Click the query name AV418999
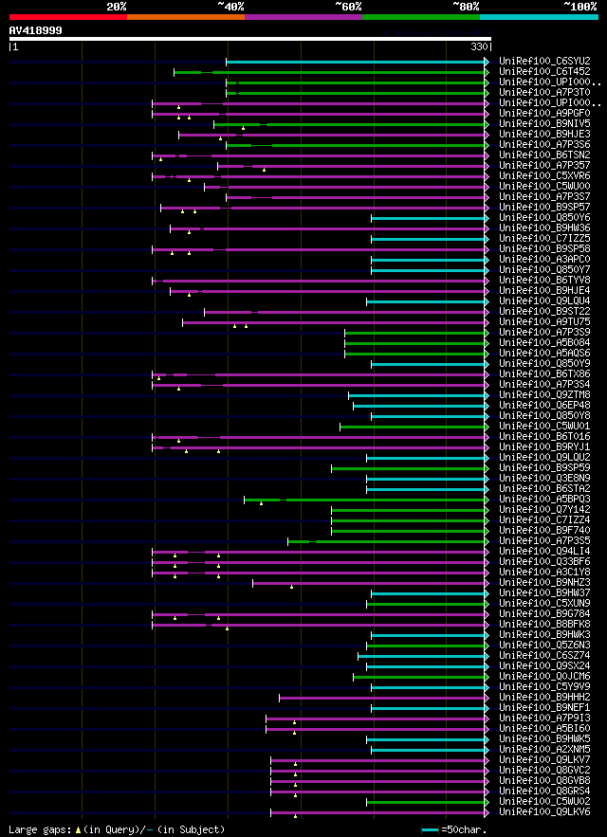[36, 30]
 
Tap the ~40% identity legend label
[230, 6]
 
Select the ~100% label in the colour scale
[579, 6]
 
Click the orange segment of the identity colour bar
[185, 16]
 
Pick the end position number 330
[479, 45]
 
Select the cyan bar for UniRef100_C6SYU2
[356, 62]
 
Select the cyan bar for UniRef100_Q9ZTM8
[417, 395]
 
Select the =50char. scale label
[462, 829]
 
